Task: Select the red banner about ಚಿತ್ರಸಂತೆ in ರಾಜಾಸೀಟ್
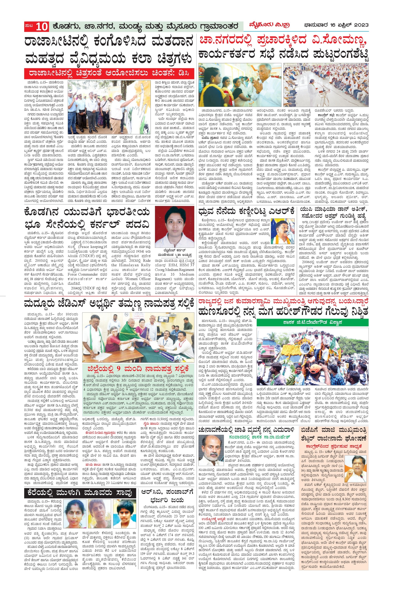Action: (110, 74)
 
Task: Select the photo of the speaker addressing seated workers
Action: (326, 85)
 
